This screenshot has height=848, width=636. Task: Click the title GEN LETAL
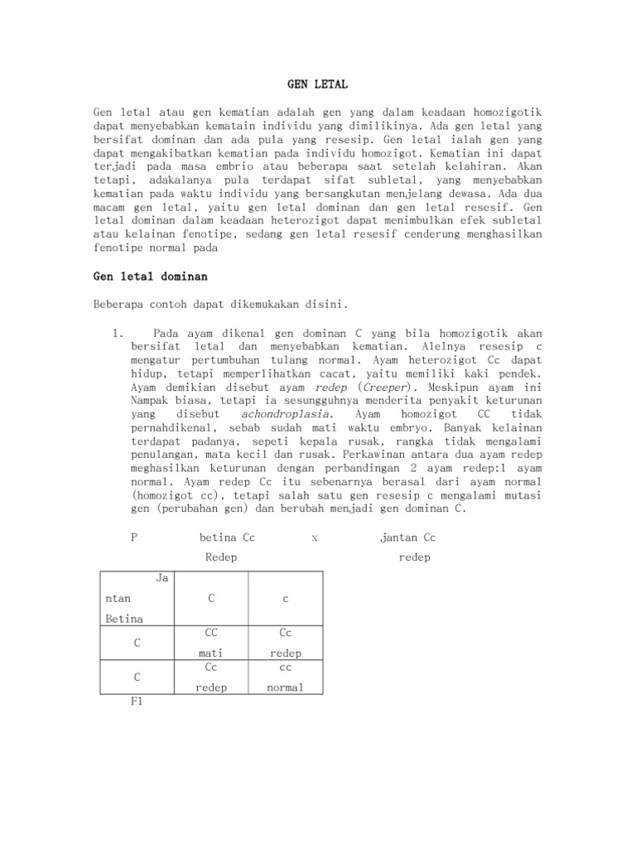(x=317, y=84)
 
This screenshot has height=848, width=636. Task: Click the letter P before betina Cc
(x=134, y=537)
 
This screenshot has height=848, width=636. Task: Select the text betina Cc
(x=228, y=537)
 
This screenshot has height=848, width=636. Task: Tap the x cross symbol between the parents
(x=315, y=537)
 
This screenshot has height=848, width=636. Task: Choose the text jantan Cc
(x=407, y=537)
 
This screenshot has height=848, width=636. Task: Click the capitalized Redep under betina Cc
(x=221, y=557)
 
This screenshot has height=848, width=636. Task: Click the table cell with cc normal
(x=286, y=676)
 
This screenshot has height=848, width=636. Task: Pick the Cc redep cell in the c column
(x=286, y=642)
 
